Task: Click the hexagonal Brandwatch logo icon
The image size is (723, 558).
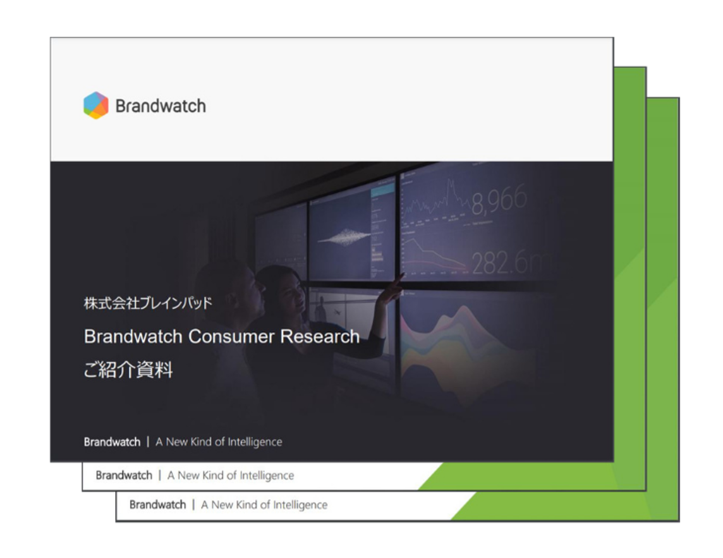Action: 96,105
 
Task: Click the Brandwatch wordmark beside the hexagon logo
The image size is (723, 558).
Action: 161,106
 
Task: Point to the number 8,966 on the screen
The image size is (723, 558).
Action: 499,200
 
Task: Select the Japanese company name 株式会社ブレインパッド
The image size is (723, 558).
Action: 148,303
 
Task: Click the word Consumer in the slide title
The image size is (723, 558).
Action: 231,337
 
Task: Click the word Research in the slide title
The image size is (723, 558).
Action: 320,337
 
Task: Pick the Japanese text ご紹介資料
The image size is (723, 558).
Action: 128,370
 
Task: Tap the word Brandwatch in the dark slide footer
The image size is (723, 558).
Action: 112,442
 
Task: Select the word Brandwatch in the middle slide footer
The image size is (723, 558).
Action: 124,475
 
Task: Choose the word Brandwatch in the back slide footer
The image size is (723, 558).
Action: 158,504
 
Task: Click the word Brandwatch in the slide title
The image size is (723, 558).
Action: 133,337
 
